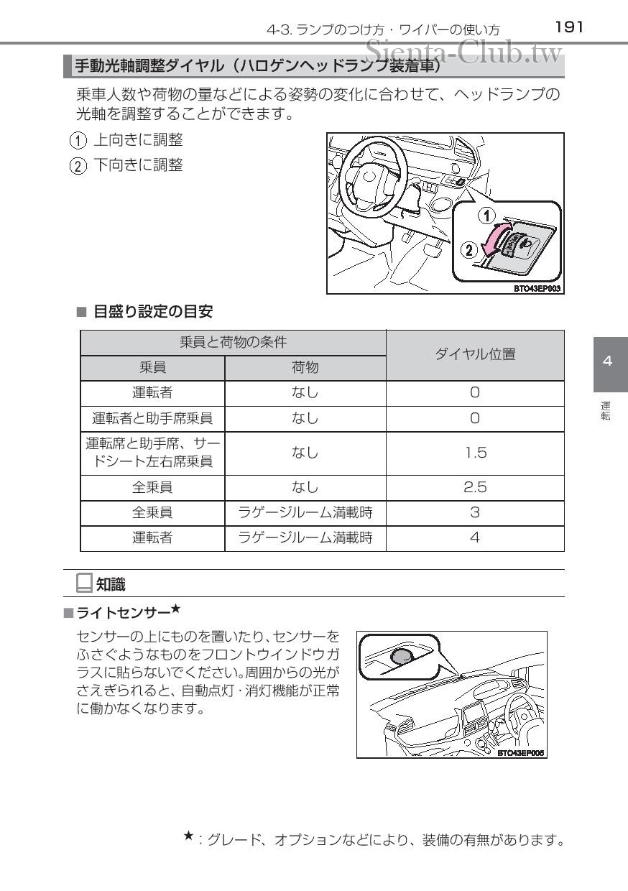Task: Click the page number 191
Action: coord(568,27)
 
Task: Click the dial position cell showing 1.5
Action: coord(475,453)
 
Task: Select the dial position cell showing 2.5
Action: coord(475,487)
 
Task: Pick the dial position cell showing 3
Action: coord(475,513)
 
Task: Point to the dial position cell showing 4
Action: coord(475,537)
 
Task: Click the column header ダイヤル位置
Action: coord(475,354)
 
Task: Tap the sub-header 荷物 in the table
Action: coord(305,367)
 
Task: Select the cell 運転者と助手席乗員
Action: coord(152,418)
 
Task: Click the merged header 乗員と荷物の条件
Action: coord(233,342)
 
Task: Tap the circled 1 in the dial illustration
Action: coord(487,215)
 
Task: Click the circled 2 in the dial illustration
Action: coord(468,251)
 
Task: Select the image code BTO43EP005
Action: coord(521,752)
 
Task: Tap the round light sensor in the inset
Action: coord(401,655)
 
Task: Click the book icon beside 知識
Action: coord(84,583)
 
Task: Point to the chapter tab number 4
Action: coord(608,361)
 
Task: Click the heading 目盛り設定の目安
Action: coord(153,312)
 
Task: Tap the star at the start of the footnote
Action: coord(188,835)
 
